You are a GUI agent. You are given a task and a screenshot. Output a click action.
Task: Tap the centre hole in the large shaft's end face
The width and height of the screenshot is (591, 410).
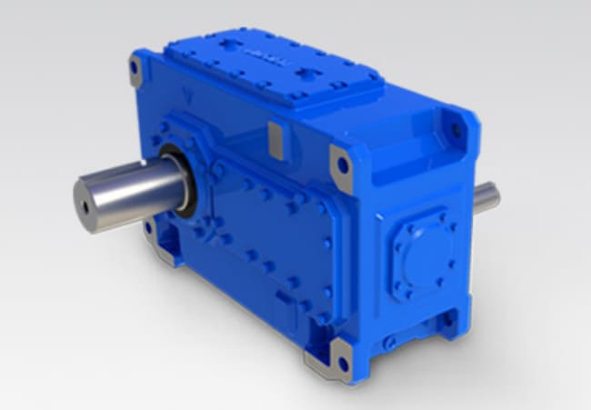pos(86,206)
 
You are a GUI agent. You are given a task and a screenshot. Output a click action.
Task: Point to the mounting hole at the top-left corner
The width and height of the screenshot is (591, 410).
pos(135,66)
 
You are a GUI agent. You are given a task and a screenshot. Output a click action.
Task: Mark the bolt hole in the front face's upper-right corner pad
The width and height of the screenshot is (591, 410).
pos(343,165)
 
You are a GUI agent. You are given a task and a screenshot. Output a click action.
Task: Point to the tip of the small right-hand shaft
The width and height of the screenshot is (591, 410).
pos(496,193)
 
